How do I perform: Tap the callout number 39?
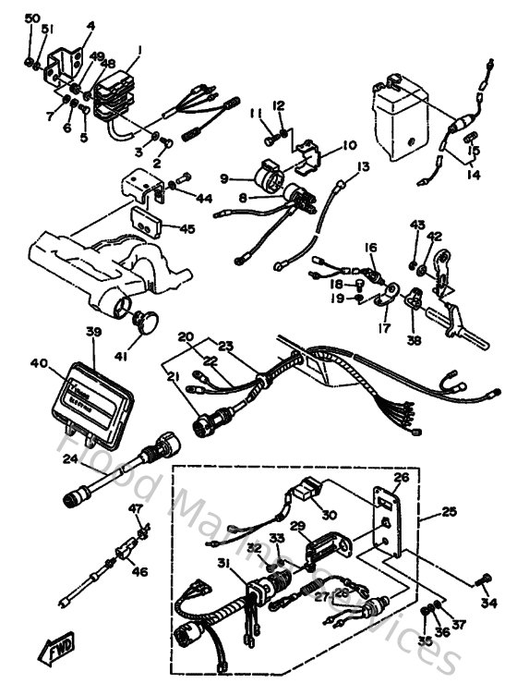[92, 333]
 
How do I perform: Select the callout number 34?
[488, 604]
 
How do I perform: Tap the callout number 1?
[138, 50]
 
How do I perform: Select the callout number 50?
[32, 19]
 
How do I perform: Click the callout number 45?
[187, 229]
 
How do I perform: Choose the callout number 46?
[140, 573]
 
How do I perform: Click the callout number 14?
[475, 173]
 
